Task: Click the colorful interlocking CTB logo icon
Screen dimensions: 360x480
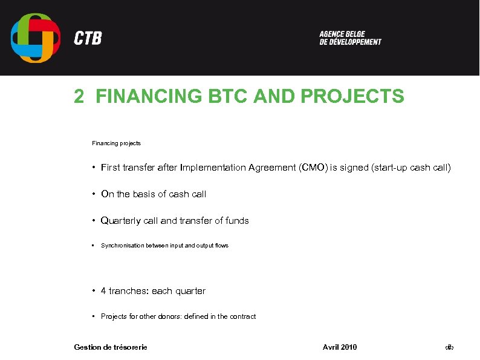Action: coord(36,38)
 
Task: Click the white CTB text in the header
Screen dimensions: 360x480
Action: coord(88,39)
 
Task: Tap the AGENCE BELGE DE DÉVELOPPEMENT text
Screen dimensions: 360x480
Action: coord(350,38)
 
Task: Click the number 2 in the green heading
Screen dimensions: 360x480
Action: coord(79,97)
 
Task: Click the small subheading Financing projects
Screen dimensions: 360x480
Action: coord(116,143)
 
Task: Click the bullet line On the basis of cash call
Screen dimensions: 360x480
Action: coord(154,194)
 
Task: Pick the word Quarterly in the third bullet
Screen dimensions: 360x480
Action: coord(120,221)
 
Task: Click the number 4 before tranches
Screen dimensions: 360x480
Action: coord(104,291)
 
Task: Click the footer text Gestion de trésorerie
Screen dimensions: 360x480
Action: coord(111,347)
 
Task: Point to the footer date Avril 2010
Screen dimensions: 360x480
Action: coord(340,347)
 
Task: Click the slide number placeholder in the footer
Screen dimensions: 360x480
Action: coord(449,347)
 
